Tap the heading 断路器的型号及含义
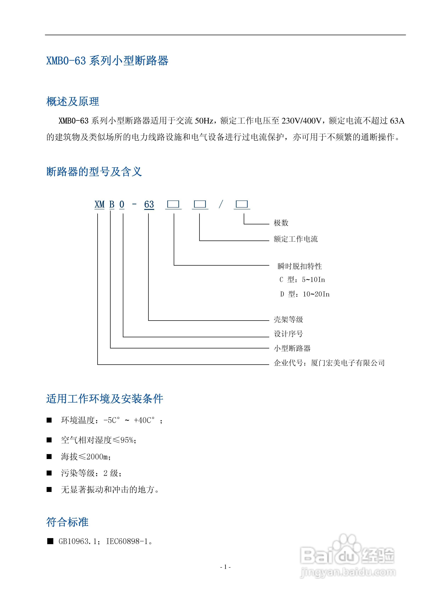pyautogui.click(x=94, y=172)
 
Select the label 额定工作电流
pyautogui.click(x=295, y=239)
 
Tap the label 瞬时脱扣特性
pyautogui.click(x=300, y=266)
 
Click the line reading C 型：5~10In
pyautogui.click(x=302, y=280)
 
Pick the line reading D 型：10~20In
pyautogui.click(x=305, y=294)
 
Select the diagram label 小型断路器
pyautogui.click(x=292, y=348)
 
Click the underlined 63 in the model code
pyautogui.click(x=149, y=205)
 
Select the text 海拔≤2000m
pyautogui.click(x=86, y=457)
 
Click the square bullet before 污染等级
pyautogui.click(x=49, y=473)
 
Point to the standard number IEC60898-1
pyautogui.click(x=127, y=541)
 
